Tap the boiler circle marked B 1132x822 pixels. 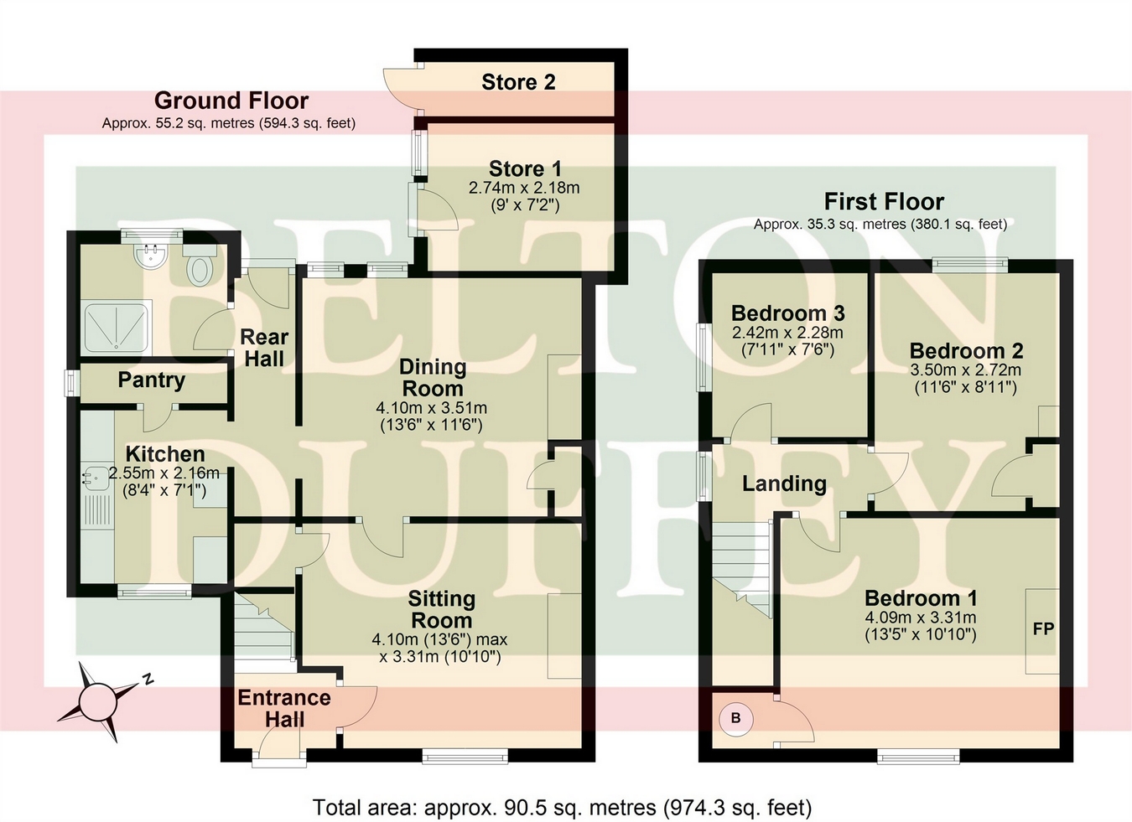pos(736,718)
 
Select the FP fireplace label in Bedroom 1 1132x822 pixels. pos(1043,628)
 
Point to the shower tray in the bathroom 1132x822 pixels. pos(116,327)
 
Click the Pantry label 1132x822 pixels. pos(151,380)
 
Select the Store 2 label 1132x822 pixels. pos(518,82)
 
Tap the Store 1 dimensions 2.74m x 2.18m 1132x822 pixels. pos(524,188)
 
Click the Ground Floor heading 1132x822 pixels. pos(231,101)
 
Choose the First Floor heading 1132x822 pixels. pos(884,201)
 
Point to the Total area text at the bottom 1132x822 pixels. pos(562,808)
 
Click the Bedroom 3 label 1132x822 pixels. pos(787,313)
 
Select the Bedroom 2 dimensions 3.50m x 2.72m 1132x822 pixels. pos(965,370)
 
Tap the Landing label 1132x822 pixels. pos(784,483)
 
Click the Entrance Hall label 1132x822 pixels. pos(284,708)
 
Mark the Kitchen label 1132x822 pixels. pos(165,454)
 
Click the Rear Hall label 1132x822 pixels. pos(264,348)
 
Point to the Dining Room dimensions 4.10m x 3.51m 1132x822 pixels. pos(431,408)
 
